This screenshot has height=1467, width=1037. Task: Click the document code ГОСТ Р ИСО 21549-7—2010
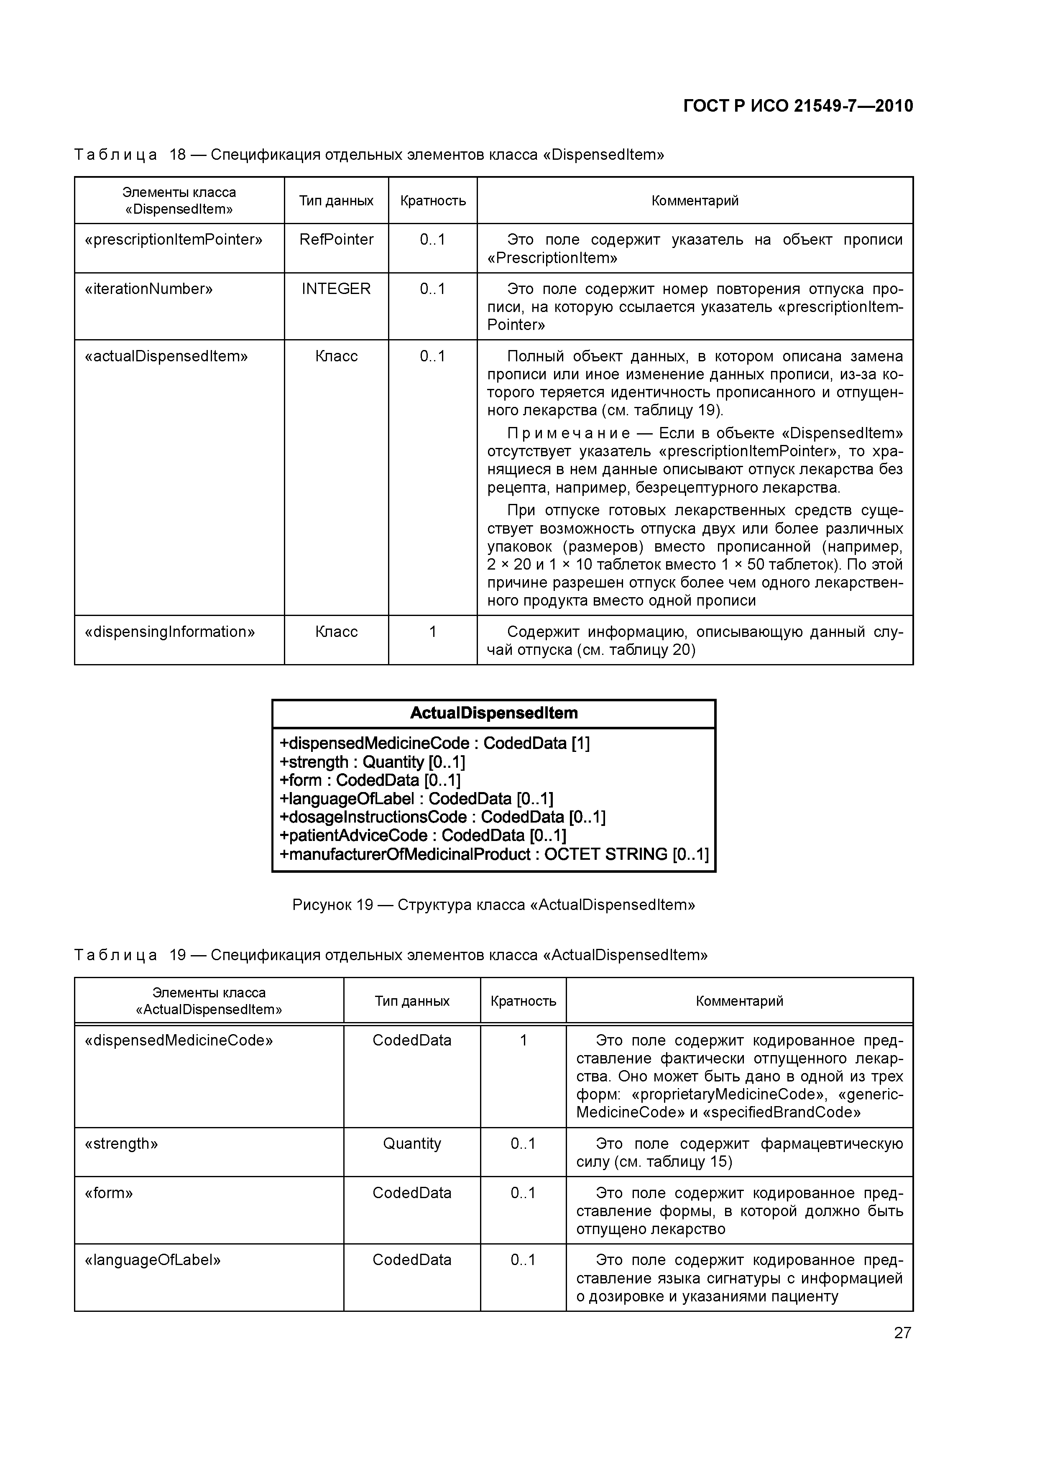[x=797, y=106]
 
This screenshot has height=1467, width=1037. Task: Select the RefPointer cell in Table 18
[x=336, y=240]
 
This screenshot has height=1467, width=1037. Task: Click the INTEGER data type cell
[x=336, y=289]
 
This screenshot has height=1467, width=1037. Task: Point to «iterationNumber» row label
[x=148, y=289]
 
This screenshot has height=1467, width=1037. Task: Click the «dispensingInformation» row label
[x=169, y=632]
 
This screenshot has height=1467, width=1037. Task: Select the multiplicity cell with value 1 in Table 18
[x=432, y=632]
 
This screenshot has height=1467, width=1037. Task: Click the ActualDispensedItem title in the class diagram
[x=493, y=713]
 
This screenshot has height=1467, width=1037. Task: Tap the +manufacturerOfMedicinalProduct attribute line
[x=493, y=854]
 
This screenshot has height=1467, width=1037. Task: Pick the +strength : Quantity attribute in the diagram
[x=373, y=762]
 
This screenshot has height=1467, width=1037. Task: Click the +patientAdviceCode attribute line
[x=423, y=836]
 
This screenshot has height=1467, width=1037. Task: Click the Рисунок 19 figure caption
[x=493, y=905]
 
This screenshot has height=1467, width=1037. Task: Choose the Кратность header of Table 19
[x=523, y=1001]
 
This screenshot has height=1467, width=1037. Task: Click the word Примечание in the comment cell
[x=568, y=433]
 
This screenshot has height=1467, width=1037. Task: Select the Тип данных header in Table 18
[x=336, y=201]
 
